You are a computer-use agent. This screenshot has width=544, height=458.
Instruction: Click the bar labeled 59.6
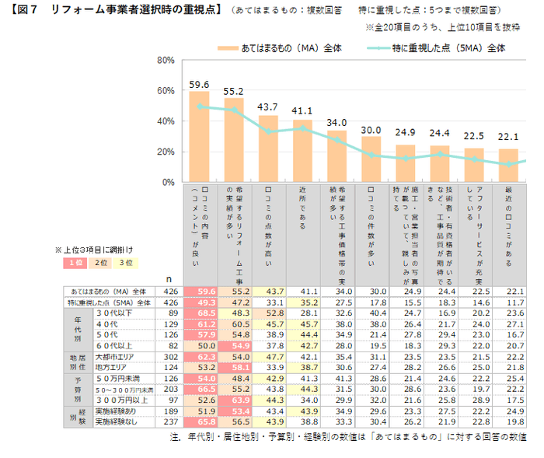200,137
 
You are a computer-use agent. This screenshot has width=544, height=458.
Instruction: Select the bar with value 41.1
302,151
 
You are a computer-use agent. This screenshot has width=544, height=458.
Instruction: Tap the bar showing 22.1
508,165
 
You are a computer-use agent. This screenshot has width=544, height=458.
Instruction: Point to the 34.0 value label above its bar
337,123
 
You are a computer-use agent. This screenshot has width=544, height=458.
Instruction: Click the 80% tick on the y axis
165,61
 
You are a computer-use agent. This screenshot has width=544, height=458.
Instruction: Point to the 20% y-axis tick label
165,152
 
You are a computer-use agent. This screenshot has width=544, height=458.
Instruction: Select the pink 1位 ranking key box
75,263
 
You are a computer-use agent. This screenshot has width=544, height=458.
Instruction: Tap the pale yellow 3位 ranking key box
124,263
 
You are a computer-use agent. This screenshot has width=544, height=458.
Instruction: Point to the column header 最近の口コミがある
508,226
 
